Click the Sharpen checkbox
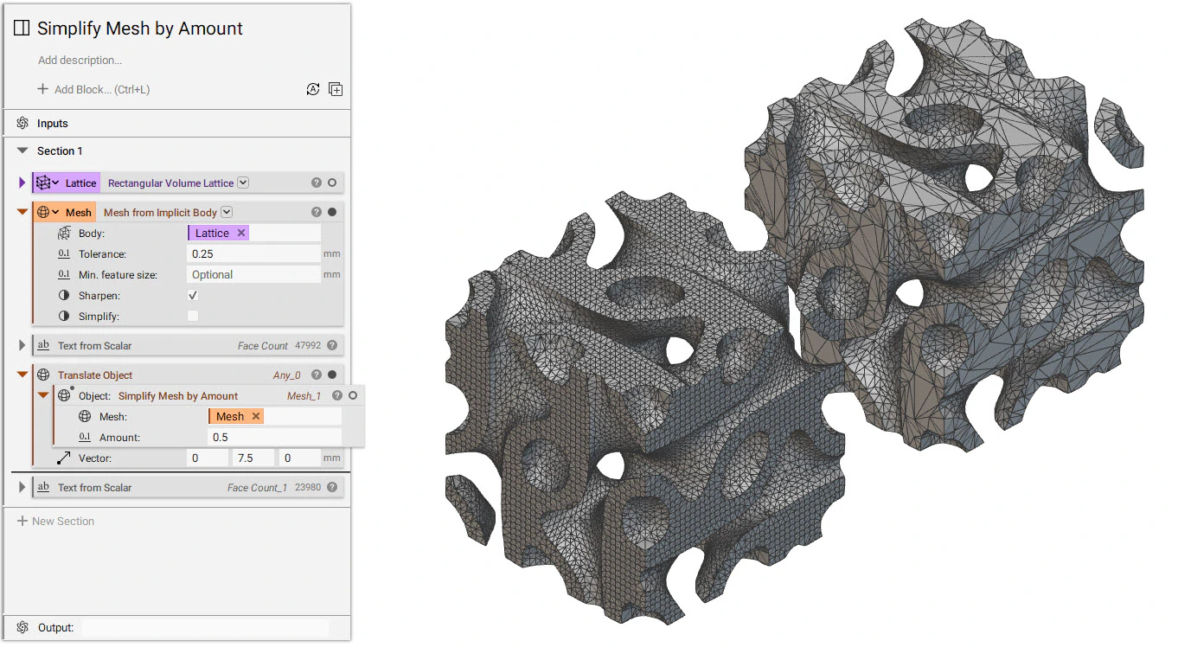tap(193, 296)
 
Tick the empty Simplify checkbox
tap(193, 317)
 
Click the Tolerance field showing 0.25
tap(253, 254)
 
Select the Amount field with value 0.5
tap(274, 438)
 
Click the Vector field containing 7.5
tap(253, 458)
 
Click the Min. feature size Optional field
tap(253, 275)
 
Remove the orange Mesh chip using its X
tap(256, 417)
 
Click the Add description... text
tap(80, 61)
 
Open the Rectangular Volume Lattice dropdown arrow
tap(243, 183)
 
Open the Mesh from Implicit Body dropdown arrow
tap(227, 213)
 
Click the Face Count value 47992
tap(307, 346)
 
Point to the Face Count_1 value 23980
tap(307, 488)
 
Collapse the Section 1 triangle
tap(23, 151)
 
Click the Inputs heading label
tap(52, 124)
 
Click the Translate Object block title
tap(95, 375)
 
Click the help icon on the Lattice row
tap(317, 183)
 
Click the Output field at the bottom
tap(204, 628)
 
